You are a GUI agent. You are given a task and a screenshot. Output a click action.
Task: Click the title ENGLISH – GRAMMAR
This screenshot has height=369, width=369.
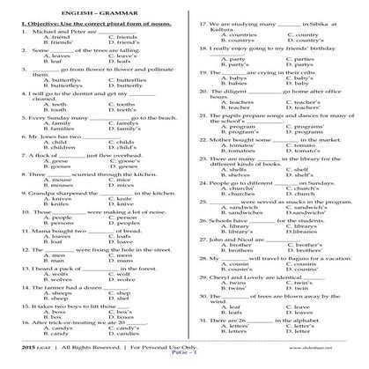click(x=184, y=11)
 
